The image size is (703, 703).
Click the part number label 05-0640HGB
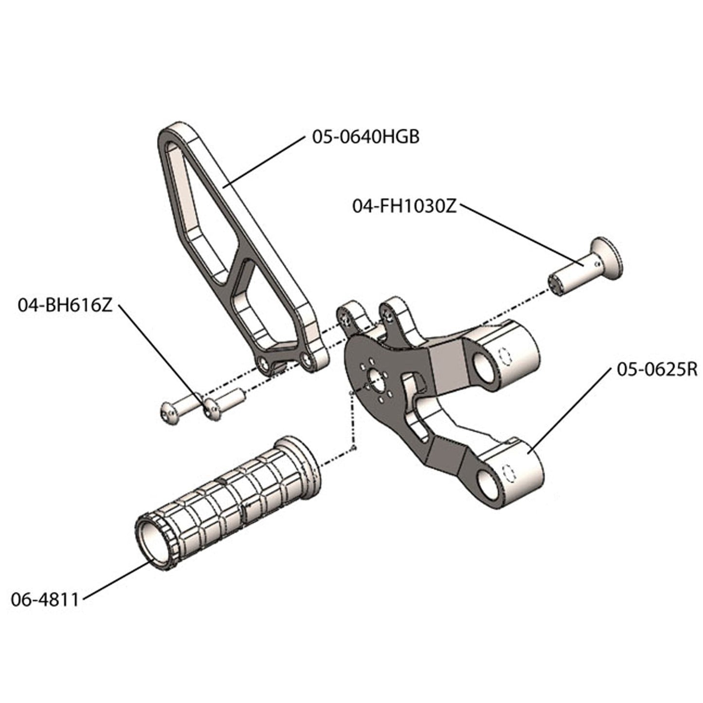[x=365, y=137]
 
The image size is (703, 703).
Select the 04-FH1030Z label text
[x=404, y=206]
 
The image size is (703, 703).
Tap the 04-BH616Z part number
[x=65, y=306]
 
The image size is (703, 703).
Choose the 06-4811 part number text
[x=45, y=599]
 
